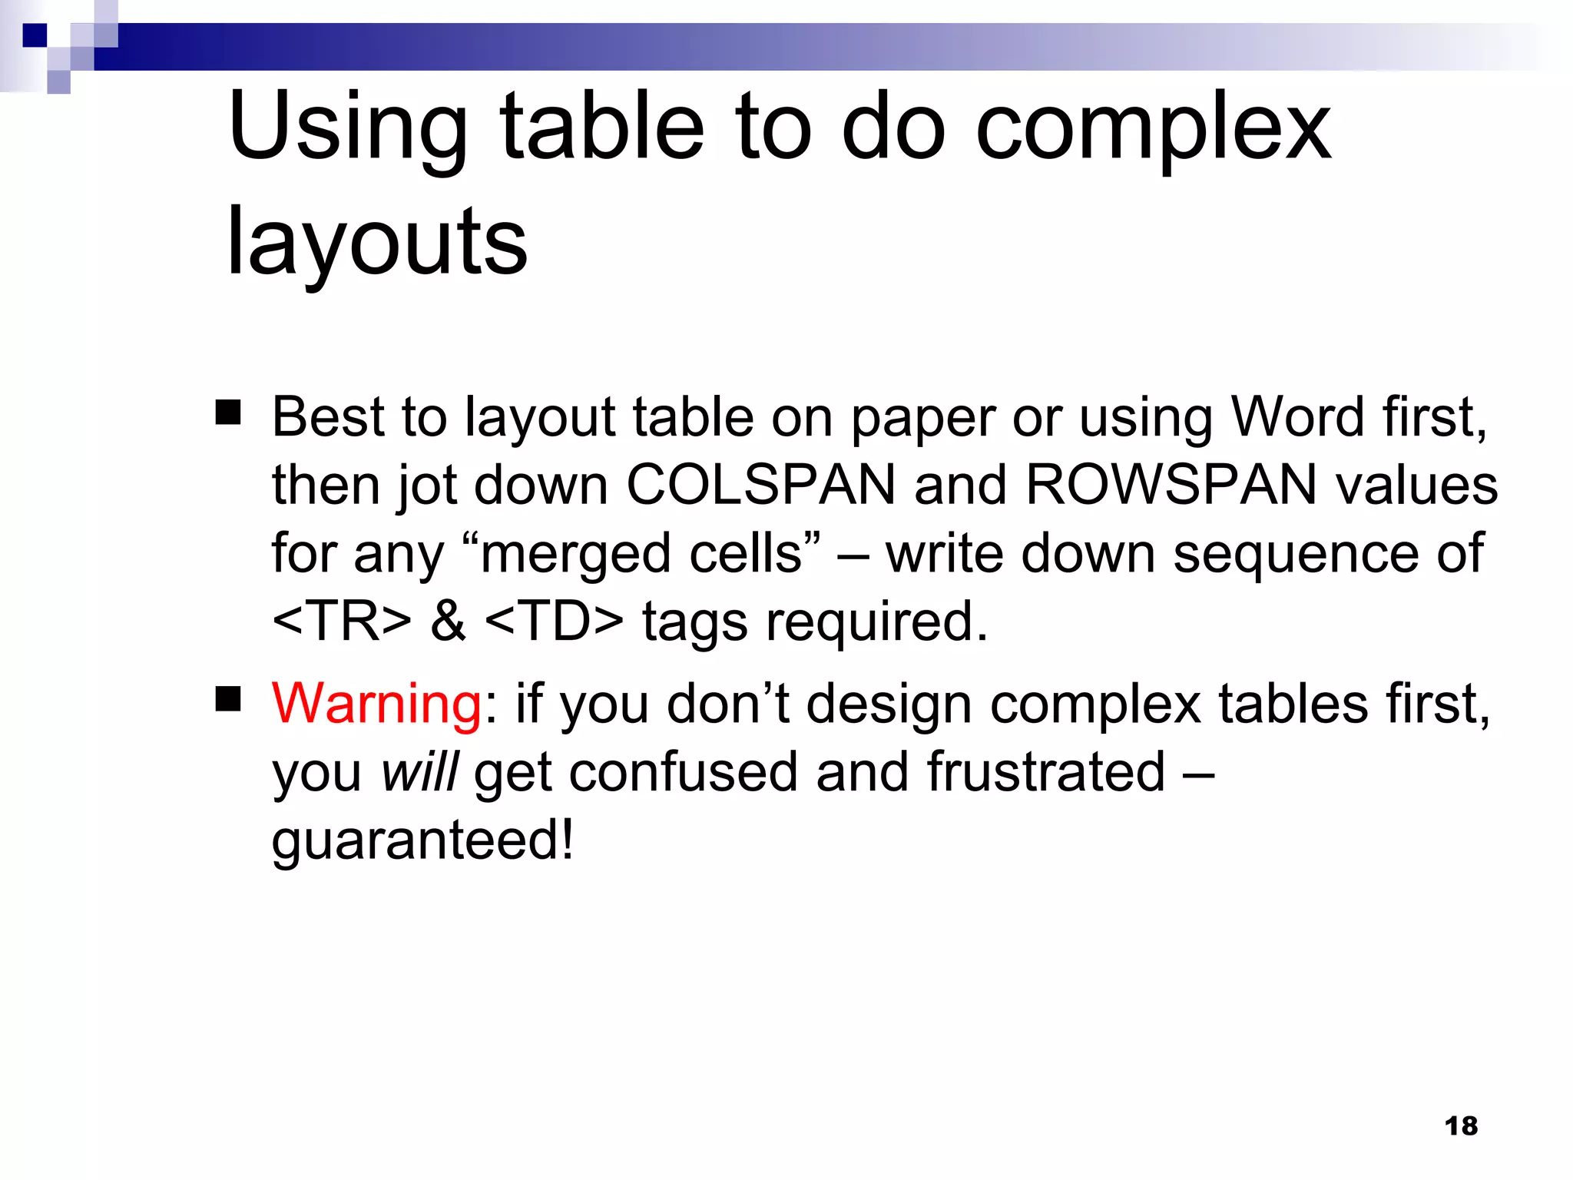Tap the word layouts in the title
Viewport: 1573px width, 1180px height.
click(377, 244)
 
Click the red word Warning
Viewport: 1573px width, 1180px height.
click(376, 704)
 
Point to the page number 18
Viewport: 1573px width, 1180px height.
click(1460, 1126)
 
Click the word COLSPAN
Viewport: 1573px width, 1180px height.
click(761, 486)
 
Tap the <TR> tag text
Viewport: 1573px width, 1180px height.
click(342, 621)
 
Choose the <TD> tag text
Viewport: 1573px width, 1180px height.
click(555, 621)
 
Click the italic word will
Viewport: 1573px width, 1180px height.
click(419, 772)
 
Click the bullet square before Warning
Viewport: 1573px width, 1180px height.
click(228, 699)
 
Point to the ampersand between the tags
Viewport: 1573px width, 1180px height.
click(448, 621)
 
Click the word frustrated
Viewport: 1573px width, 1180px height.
click(1046, 772)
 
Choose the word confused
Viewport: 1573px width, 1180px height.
click(683, 772)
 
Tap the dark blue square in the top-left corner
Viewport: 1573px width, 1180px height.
click(35, 35)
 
